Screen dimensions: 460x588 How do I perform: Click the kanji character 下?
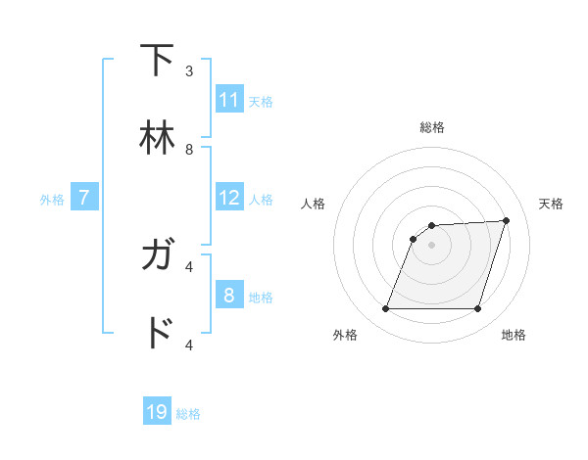tap(158, 61)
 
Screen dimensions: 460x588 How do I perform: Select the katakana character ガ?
tap(158, 255)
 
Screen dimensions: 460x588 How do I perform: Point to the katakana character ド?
tap(158, 334)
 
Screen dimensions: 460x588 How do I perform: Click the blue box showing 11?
tap(229, 100)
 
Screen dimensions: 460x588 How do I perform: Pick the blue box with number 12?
tap(229, 198)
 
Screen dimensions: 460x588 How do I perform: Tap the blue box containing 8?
tap(229, 296)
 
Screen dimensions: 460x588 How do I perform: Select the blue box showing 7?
tap(84, 198)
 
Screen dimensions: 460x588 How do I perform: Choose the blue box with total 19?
tap(157, 412)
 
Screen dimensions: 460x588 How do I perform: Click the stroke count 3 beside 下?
tap(189, 71)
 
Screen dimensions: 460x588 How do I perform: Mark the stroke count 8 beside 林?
tap(189, 150)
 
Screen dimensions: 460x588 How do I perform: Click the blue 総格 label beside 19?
tap(188, 414)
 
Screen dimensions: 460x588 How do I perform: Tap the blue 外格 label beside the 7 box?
tap(52, 199)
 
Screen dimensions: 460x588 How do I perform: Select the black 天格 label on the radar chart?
tap(551, 204)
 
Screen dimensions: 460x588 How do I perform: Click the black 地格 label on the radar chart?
tap(514, 335)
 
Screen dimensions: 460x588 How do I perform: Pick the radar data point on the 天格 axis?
tap(507, 220)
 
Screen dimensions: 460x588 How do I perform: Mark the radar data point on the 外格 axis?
tap(385, 309)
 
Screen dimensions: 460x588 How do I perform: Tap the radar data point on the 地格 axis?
tap(477, 309)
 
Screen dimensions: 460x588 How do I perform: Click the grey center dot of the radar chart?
tap(431, 245)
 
